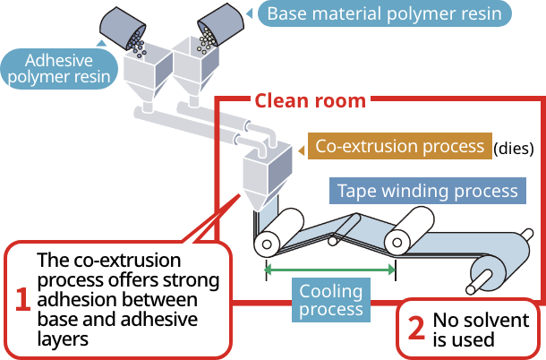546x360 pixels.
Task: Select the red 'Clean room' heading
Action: tap(310, 100)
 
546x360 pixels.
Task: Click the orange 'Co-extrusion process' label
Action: tap(398, 146)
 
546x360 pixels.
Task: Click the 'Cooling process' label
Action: tap(331, 300)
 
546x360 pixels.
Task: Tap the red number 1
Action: tap(22, 299)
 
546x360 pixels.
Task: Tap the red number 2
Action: tap(415, 329)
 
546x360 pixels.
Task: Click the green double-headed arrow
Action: tap(330, 267)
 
